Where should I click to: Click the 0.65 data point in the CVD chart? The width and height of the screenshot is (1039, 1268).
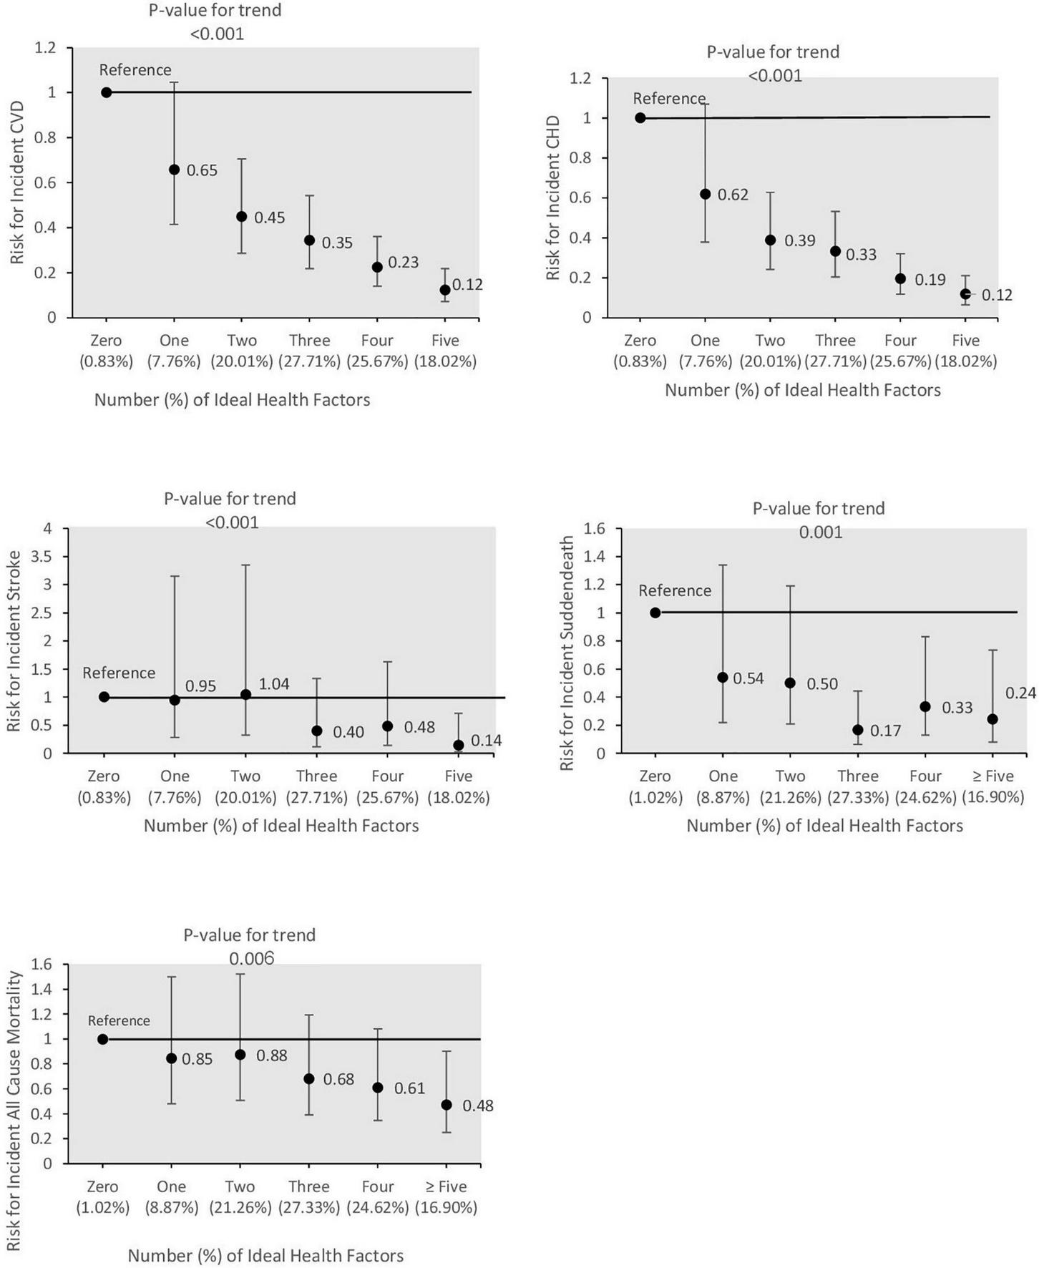(174, 170)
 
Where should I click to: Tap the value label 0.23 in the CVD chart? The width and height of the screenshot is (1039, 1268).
(403, 263)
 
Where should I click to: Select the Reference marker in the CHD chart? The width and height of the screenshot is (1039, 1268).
(640, 118)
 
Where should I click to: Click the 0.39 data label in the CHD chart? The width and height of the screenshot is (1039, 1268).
(799, 240)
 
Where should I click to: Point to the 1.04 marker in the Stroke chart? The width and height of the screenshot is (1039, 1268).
(245, 694)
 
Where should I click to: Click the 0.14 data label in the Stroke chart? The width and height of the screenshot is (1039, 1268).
(486, 741)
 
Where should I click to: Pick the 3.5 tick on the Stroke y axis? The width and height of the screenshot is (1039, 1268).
(48, 557)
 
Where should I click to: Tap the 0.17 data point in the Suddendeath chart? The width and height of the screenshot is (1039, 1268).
(858, 730)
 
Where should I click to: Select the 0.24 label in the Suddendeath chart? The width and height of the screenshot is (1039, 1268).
(1020, 693)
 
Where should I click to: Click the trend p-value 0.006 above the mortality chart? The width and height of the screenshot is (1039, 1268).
(251, 958)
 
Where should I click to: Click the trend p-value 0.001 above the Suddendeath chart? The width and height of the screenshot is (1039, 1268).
(821, 532)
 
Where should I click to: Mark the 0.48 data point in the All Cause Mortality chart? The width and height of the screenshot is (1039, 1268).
(447, 1105)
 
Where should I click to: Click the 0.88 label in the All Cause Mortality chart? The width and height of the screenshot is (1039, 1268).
(271, 1055)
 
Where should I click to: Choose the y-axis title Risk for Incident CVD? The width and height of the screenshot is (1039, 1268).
(17, 182)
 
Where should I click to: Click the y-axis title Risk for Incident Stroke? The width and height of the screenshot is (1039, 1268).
(14, 640)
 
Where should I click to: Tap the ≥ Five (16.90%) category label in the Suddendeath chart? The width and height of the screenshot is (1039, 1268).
(993, 786)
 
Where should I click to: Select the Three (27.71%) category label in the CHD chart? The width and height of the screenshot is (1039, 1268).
(835, 351)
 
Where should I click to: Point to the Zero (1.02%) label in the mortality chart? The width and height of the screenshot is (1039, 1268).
(102, 1197)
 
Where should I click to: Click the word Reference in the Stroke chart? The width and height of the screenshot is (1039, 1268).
(119, 673)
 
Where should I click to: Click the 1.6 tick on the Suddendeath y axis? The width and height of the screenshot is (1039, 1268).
(595, 529)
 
